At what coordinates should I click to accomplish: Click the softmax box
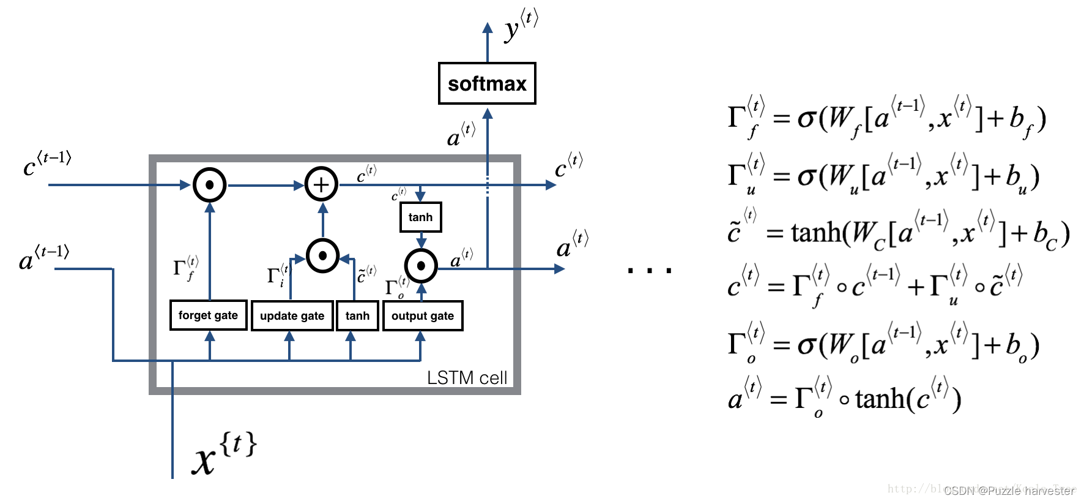487,83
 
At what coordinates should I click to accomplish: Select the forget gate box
208,315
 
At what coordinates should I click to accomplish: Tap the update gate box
292,316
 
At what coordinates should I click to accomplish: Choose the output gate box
423,316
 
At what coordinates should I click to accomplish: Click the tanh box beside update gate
357,316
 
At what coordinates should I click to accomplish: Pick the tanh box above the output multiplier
420,217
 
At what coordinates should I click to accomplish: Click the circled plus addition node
321,184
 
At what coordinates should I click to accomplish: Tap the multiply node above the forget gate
210,184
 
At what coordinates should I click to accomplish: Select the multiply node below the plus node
322,255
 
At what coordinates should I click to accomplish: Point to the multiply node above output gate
421,266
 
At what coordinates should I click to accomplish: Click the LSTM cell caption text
467,378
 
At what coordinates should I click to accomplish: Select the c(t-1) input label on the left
46,164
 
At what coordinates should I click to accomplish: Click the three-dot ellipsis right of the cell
649,269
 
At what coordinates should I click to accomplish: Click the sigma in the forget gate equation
806,118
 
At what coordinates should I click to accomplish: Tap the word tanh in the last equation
880,399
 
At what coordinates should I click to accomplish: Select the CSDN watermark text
1009,491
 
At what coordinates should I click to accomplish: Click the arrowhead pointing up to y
488,28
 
